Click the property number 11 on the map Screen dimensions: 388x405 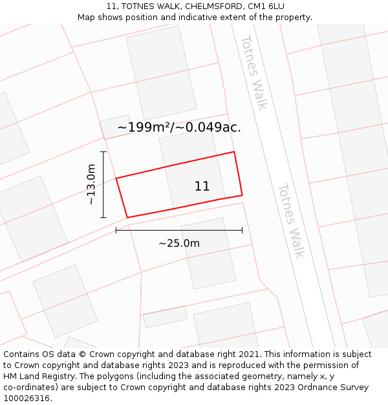click(202, 187)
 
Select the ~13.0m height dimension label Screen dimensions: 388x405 click(91, 185)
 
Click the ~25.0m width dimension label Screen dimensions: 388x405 click(179, 244)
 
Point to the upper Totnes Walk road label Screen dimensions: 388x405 click(253, 72)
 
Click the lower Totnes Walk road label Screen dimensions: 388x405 click(290, 220)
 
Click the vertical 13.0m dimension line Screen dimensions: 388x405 click(103, 185)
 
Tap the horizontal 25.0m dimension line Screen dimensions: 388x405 click(179, 230)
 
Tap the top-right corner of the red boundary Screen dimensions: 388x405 click(233, 152)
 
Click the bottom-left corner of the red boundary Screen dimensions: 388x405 click(127, 218)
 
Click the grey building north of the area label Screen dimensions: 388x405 click(162, 68)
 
